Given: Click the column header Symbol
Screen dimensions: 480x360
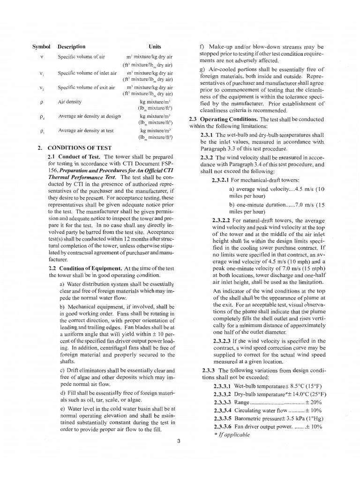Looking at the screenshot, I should click(x=41, y=47).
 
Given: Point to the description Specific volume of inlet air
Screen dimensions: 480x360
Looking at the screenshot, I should click(x=87, y=74).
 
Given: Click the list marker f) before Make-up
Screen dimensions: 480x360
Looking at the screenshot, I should click(x=202, y=47).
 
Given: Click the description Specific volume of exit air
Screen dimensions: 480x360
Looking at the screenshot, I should click(x=86, y=88).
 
